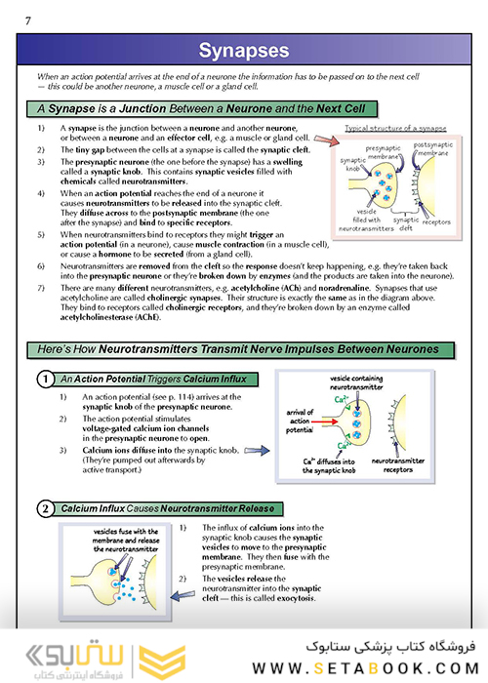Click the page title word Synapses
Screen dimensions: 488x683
[x=244, y=50]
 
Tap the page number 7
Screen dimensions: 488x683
[x=28, y=20]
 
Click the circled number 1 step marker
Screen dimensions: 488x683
[x=45, y=379]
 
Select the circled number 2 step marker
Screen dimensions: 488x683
[x=45, y=508]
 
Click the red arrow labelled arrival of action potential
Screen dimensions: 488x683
[x=325, y=422]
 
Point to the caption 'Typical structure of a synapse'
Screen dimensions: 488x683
[x=395, y=128]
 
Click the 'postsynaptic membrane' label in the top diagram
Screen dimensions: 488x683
[x=432, y=148]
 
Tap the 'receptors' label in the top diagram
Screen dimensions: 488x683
[x=436, y=222]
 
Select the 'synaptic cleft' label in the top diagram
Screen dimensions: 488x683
[x=406, y=223]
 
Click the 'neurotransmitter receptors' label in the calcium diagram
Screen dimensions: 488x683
[x=398, y=465]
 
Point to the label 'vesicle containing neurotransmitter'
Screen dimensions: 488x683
[x=356, y=382]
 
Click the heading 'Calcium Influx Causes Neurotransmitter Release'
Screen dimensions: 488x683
[x=168, y=508]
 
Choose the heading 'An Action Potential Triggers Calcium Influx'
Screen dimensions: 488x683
[x=153, y=379]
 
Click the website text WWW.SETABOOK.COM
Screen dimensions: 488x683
[x=366, y=668]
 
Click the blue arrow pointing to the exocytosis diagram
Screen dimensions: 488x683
[x=183, y=595]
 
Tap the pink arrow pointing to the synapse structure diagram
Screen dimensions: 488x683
[x=326, y=141]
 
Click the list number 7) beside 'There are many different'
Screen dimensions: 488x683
[x=41, y=288]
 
